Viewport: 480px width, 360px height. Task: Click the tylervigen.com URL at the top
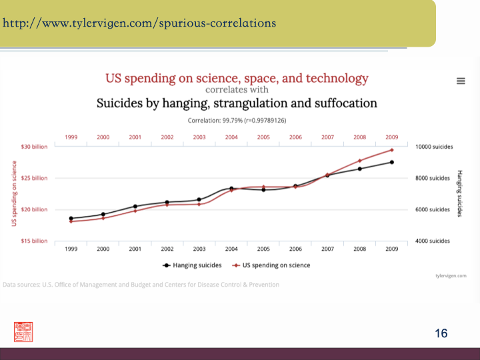[139, 23]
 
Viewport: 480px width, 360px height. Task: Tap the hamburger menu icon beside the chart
[460, 81]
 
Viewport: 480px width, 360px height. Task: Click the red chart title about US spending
[237, 78]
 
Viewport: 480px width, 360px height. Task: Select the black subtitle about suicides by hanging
[237, 103]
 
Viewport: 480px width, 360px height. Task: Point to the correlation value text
[237, 121]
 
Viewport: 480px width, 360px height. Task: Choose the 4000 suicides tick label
[433, 241]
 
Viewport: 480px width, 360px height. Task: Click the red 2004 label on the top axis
[231, 137]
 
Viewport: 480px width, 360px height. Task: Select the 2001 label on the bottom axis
[135, 249]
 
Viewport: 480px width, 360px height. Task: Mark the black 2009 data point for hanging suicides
[392, 162]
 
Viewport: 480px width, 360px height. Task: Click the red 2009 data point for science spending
[392, 150]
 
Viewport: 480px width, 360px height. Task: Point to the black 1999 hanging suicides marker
[71, 218]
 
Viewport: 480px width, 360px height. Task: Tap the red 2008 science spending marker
[360, 161]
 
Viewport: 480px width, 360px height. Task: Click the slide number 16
[441, 333]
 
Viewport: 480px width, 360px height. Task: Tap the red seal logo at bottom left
[23, 331]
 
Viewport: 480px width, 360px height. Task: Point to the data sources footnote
[141, 285]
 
